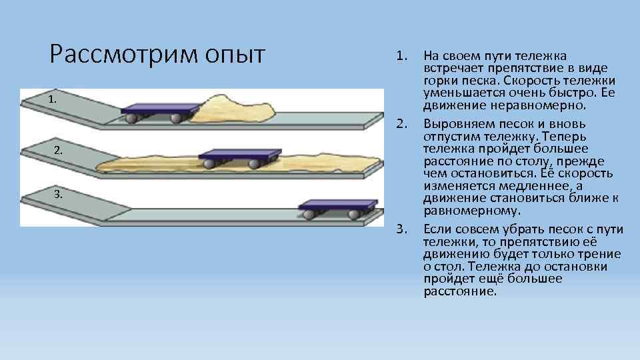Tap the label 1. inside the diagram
[53, 99]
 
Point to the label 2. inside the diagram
[59, 151]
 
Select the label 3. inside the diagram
[59, 194]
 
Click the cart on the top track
[160, 110]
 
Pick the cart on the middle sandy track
[237, 157]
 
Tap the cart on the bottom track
[337, 207]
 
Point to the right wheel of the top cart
[177, 119]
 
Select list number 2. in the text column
[401, 124]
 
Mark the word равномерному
[471, 210]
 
